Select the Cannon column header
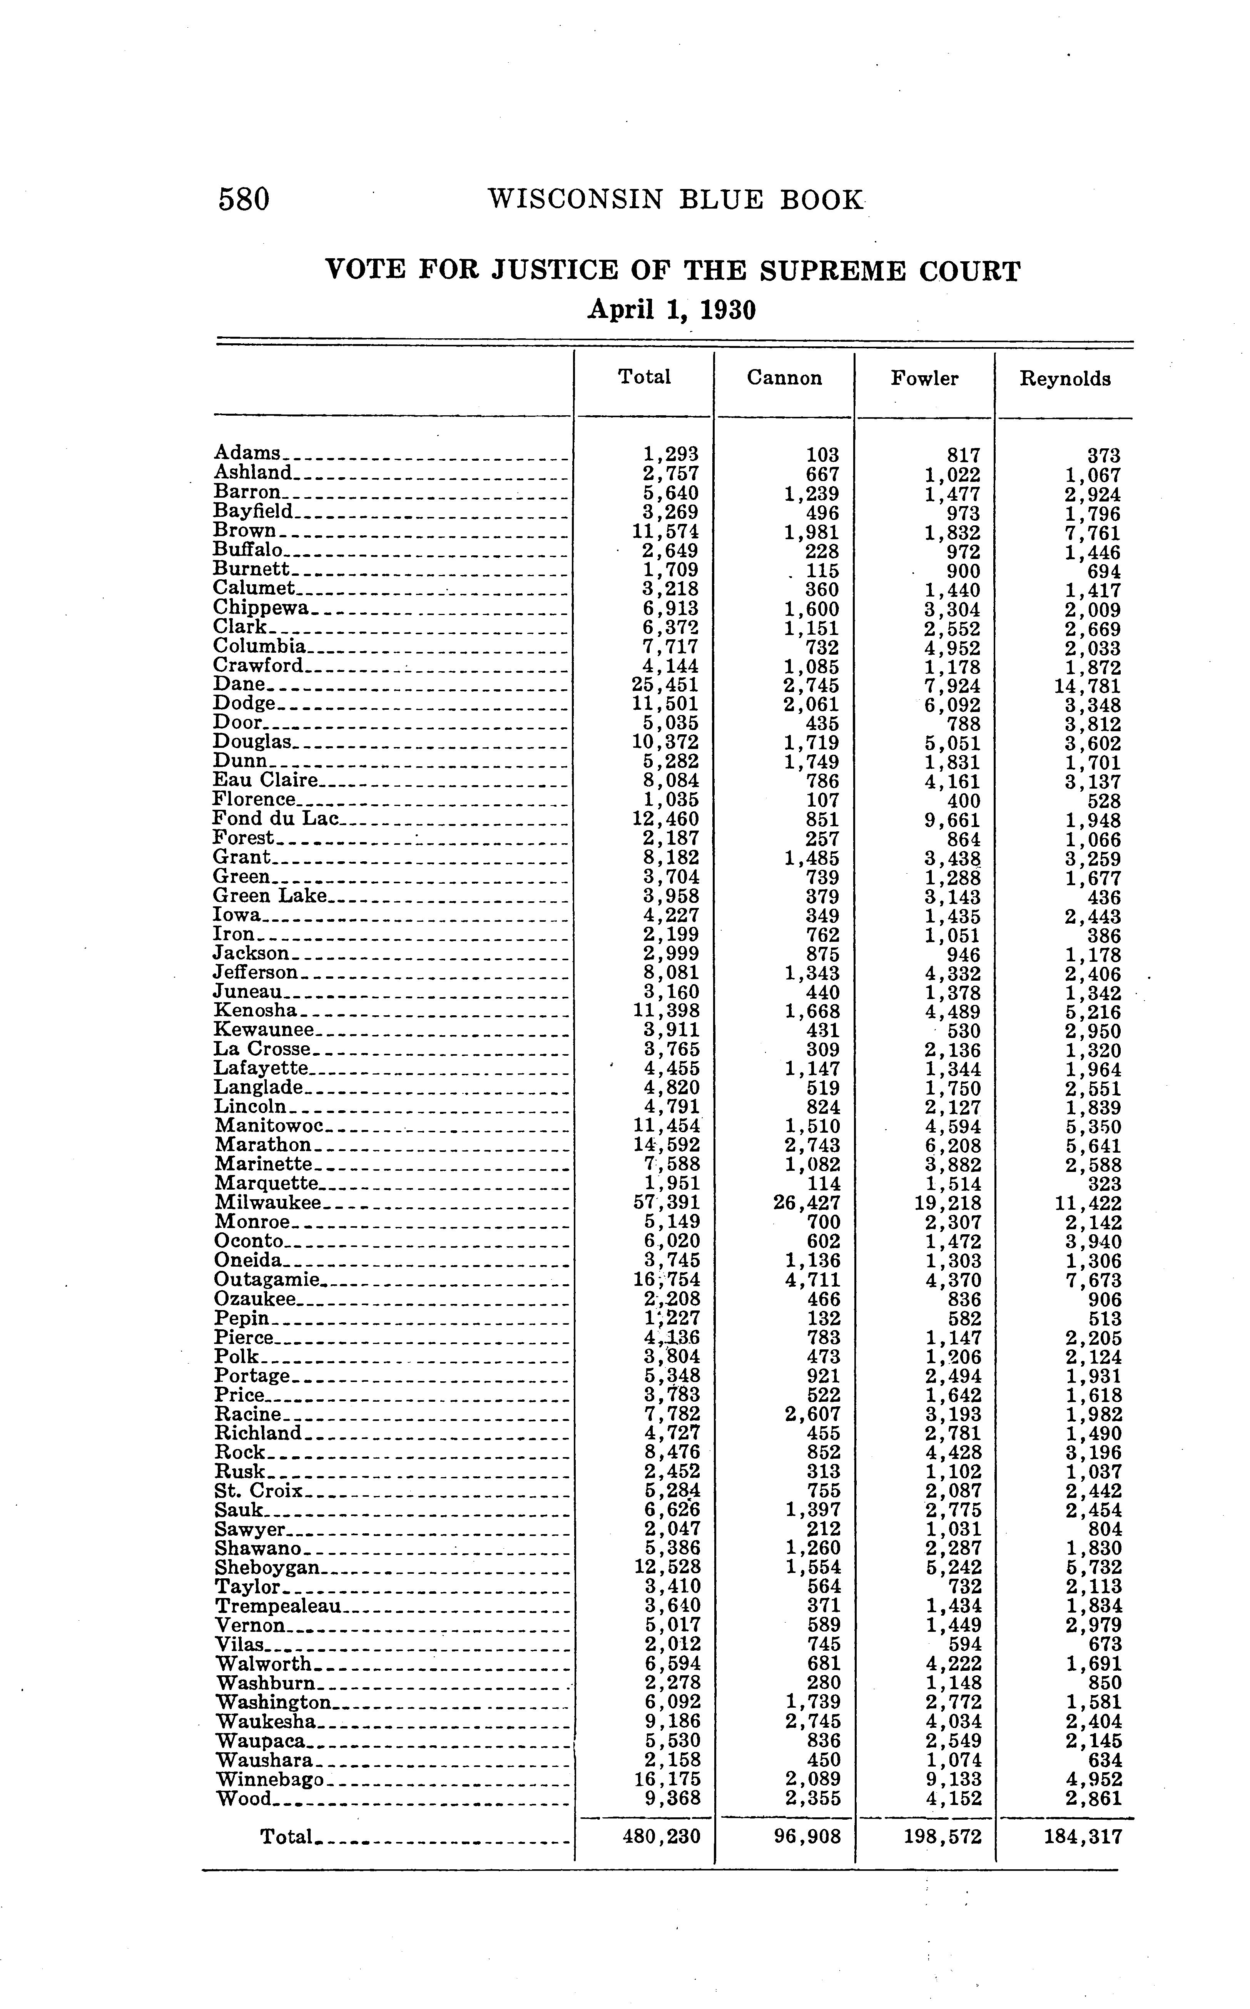coord(784,379)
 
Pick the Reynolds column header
coord(1065,379)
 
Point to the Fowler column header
coord(924,379)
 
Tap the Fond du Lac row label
coord(276,819)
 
